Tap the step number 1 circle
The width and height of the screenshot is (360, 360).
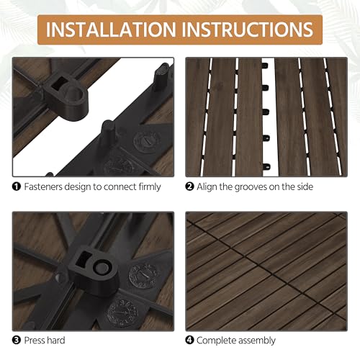[x=16, y=187]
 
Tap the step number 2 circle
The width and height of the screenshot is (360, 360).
[x=190, y=187]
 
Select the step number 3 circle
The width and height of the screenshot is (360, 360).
[x=16, y=339]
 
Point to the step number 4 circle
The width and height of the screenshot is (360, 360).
[x=190, y=339]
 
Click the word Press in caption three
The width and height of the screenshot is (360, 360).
[x=36, y=339]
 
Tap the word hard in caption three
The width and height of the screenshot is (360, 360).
[x=63, y=339]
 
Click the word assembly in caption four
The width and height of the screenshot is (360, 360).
[x=266, y=339]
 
